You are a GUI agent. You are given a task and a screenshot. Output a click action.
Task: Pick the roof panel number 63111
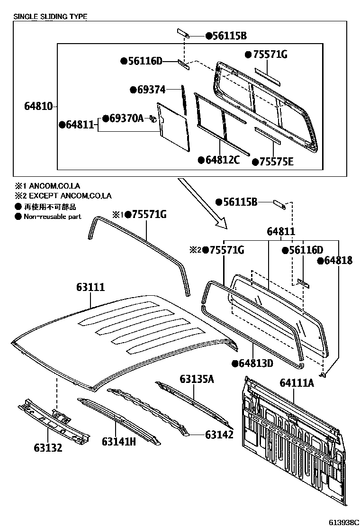click(90, 287)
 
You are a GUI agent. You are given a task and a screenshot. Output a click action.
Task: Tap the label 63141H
click(119, 441)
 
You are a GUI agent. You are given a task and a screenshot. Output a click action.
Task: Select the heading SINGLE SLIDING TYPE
click(50, 17)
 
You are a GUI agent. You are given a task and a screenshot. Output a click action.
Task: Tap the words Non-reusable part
click(52, 217)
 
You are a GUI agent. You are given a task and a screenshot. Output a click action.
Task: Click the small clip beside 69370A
click(153, 118)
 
